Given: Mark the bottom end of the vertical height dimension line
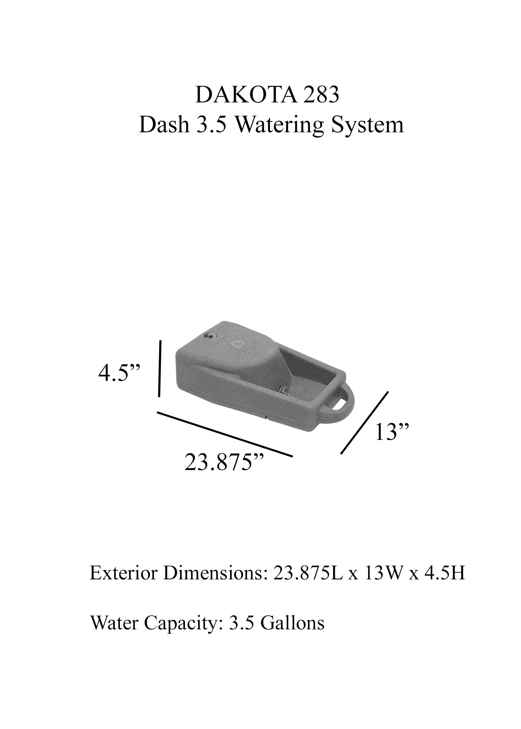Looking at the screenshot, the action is click(x=159, y=396).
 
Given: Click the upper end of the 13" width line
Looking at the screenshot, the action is click(x=388, y=392).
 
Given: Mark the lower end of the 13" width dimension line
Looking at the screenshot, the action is click(x=341, y=453).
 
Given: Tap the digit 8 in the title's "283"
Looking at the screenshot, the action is click(x=320, y=95).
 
